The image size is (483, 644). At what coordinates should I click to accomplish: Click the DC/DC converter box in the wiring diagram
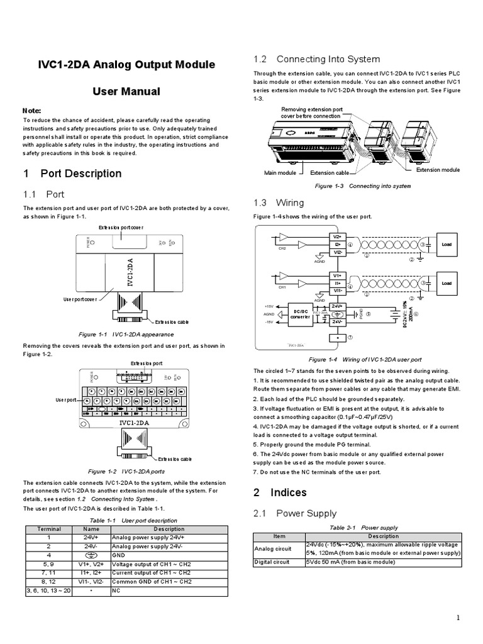pyautogui.click(x=299, y=313)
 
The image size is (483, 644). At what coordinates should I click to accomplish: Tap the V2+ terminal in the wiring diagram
pyautogui.click(x=337, y=236)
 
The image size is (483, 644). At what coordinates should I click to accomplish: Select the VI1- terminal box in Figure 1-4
pyautogui.click(x=337, y=291)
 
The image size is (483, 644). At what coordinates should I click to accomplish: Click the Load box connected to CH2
pyautogui.click(x=447, y=244)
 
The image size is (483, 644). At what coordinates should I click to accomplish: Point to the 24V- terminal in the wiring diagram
pyautogui.click(x=337, y=321)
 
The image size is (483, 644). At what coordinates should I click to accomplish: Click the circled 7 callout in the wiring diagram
pyautogui.click(x=350, y=338)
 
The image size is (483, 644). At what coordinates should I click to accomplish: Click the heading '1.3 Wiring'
pyautogui.click(x=279, y=203)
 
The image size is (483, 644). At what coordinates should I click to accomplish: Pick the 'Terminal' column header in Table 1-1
pyautogui.click(x=49, y=530)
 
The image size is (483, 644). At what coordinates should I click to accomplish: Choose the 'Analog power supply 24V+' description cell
pyautogui.click(x=148, y=538)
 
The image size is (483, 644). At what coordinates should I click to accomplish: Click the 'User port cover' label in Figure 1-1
pyautogui.click(x=79, y=299)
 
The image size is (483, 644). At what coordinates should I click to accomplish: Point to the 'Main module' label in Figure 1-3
pyautogui.click(x=280, y=172)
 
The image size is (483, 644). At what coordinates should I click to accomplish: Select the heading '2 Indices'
pyautogui.click(x=280, y=492)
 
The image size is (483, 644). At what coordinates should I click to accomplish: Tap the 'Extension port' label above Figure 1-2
pyautogui.click(x=147, y=364)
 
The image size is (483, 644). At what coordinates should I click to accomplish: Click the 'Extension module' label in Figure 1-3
pyautogui.click(x=438, y=170)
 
